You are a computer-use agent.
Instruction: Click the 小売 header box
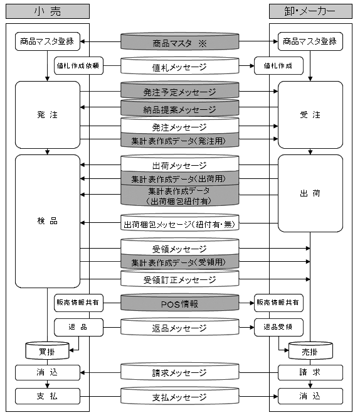[x=48, y=11]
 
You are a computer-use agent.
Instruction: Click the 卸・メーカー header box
[x=310, y=11]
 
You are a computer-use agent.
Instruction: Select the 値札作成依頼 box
[x=78, y=66]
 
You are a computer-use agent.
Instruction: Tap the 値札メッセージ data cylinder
[x=180, y=66]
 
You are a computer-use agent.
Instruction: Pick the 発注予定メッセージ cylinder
[x=180, y=90]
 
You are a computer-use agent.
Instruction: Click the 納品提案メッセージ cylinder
[x=180, y=108]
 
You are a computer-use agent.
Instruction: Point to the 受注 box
[x=310, y=115]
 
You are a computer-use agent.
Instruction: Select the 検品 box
[x=48, y=221]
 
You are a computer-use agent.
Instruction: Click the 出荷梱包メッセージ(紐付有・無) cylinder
[x=180, y=223]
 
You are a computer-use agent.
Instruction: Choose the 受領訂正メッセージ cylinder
[x=180, y=278]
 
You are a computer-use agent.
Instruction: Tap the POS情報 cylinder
[x=180, y=303]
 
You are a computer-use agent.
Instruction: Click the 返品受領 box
[x=278, y=327]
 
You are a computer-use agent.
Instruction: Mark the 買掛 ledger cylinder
[x=47, y=350]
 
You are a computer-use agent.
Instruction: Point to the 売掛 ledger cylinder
[x=310, y=350]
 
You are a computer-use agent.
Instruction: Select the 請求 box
[x=310, y=373]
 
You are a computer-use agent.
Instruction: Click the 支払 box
[x=48, y=396]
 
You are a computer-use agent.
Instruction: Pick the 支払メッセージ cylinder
[x=180, y=396]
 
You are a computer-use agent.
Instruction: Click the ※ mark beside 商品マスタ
[x=203, y=43]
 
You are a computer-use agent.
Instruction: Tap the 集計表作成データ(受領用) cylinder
[x=180, y=262]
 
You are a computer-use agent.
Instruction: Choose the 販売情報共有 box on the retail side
[x=78, y=303]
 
